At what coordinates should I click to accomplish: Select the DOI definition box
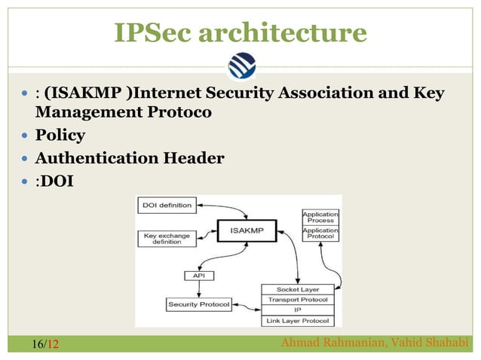pyautogui.click(x=165, y=205)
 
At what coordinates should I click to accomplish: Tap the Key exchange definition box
pyautogui.click(x=165, y=239)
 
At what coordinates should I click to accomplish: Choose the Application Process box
pyautogui.click(x=320, y=218)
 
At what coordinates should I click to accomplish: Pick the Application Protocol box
pyautogui.click(x=320, y=234)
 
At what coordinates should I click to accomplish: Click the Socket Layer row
pyautogui.click(x=298, y=289)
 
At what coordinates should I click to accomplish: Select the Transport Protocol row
pyautogui.click(x=298, y=299)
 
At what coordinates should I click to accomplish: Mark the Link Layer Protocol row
pyautogui.click(x=298, y=321)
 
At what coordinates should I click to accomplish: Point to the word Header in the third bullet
pyautogui.click(x=191, y=158)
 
